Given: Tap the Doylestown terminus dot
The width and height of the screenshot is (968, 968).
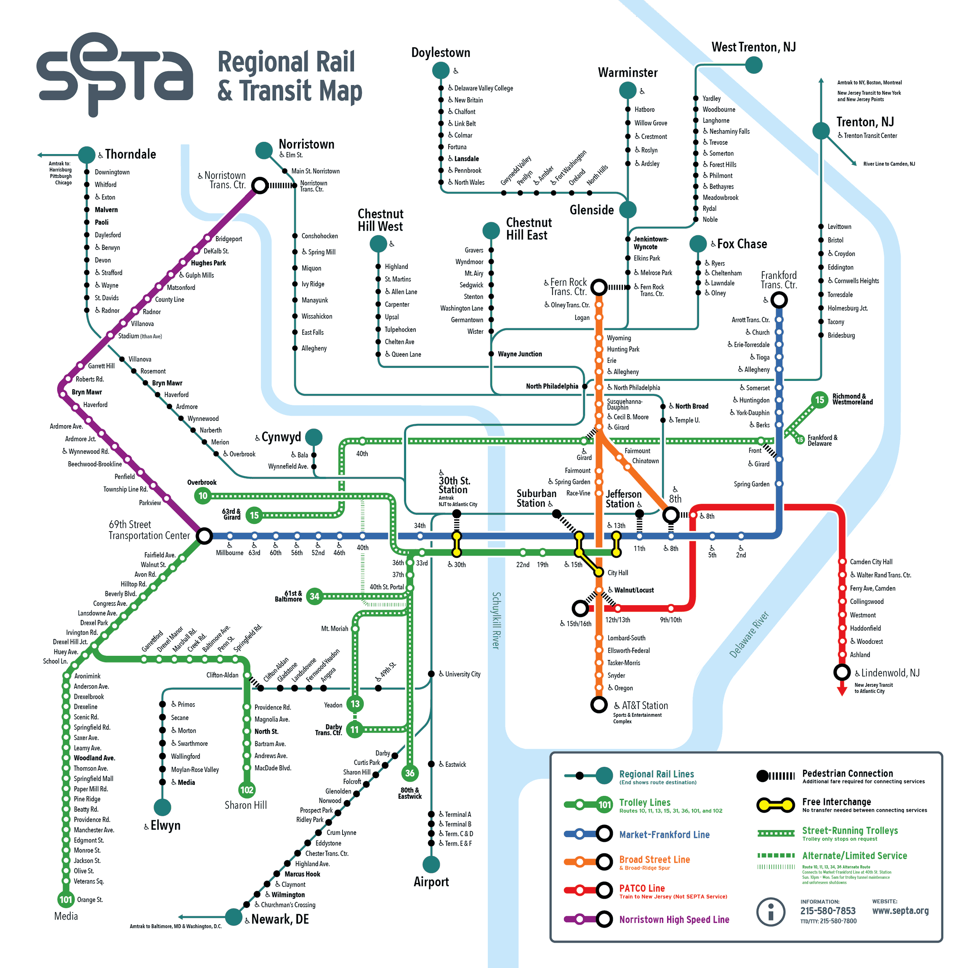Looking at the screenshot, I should tap(441, 71).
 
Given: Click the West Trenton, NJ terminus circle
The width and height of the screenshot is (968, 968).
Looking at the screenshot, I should tap(753, 65).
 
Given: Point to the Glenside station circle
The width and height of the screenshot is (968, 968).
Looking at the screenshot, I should tap(628, 210).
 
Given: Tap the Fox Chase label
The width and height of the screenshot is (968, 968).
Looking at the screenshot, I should tap(742, 244).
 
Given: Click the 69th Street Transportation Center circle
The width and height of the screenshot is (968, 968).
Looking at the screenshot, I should tap(204, 536).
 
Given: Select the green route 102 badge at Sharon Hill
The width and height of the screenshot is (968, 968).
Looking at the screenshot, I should tap(247, 790).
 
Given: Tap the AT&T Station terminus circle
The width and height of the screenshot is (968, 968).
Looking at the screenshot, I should tap(599, 705).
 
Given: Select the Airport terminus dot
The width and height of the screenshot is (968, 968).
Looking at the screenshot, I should tap(431, 864).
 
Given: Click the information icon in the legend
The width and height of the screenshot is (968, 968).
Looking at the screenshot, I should tap(770, 912).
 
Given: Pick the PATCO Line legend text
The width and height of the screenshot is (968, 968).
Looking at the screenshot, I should tap(642, 888).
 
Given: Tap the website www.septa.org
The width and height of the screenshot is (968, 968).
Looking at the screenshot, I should tap(900, 911).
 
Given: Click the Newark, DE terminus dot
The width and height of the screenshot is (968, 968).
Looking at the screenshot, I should tap(234, 917).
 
